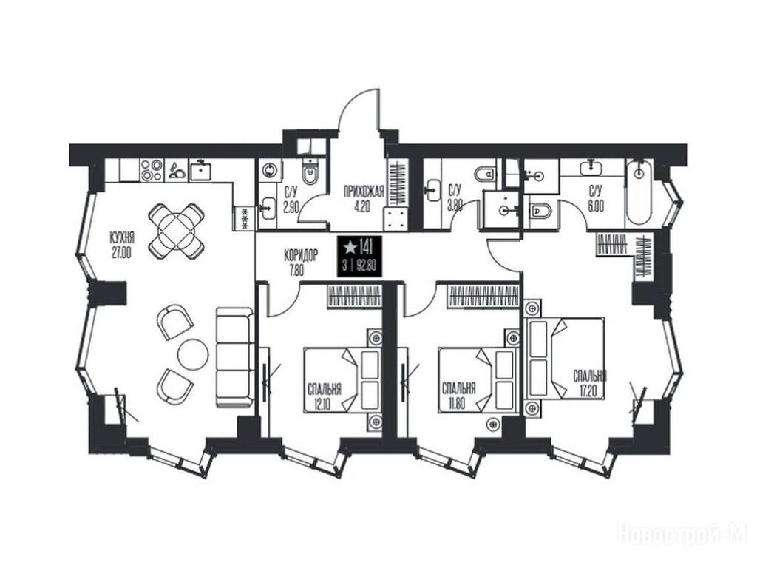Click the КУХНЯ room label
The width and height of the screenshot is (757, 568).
(x=122, y=238)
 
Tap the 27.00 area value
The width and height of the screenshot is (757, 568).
(x=122, y=253)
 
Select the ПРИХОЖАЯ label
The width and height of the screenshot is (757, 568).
(x=364, y=192)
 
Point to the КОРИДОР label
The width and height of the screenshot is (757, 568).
(x=300, y=255)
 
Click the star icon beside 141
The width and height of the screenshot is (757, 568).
(x=349, y=248)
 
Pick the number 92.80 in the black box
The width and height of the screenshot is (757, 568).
(x=367, y=266)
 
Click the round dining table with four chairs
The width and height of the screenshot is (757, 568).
(x=176, y=231)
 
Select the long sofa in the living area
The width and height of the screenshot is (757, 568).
(x=234, y=357)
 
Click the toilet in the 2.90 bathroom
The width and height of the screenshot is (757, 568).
(x=310, y=174)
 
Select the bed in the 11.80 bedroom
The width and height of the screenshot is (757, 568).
(x=477, y=380)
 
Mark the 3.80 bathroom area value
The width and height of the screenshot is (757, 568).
(x=455, y=206)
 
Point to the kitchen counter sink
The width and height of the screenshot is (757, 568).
(x=201, y=169)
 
